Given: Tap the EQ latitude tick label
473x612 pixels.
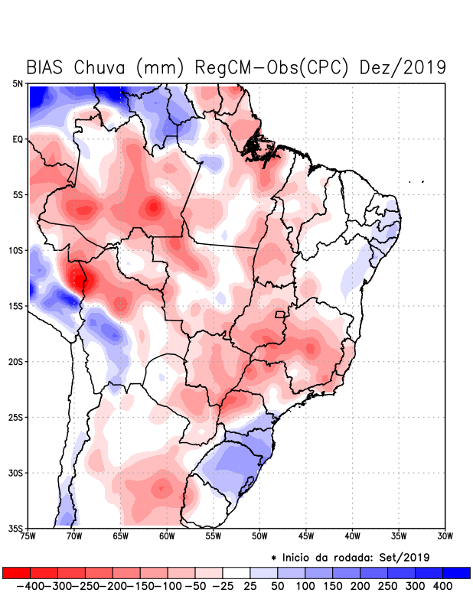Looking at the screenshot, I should coord(17,139).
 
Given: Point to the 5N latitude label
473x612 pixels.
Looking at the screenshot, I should coord(17,83).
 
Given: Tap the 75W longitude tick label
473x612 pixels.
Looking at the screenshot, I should coord(29,535).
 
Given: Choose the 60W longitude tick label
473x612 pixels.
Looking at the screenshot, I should coord(168,535).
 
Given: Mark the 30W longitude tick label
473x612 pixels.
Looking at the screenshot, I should coord(445,535).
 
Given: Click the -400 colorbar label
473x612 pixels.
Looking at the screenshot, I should coord(28,585).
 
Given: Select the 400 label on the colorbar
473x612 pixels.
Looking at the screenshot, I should coord(442,585).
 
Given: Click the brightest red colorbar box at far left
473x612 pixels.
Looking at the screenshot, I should coord(16,572).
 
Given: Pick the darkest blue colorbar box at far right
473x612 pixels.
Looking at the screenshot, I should coord(456,572).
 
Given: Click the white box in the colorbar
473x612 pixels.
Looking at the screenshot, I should coord(236,572).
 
